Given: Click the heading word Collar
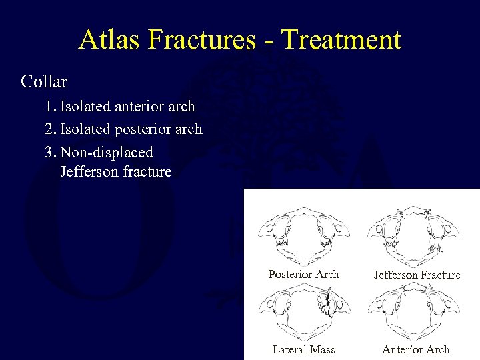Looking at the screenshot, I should coord(44,82).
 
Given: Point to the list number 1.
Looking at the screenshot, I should coord(50,107).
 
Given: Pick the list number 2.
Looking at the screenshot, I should coord(50,129).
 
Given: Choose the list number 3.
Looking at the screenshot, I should coord(50,151).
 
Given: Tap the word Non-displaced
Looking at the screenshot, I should coord(107,151).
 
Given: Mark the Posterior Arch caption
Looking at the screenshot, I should coord(303,274).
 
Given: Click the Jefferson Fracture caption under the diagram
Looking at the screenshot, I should coord(417,275).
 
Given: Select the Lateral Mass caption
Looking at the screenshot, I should coord(303,349).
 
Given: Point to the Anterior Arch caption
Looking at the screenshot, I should coord(416,349).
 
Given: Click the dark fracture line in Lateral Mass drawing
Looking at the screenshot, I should coord(327,304).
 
